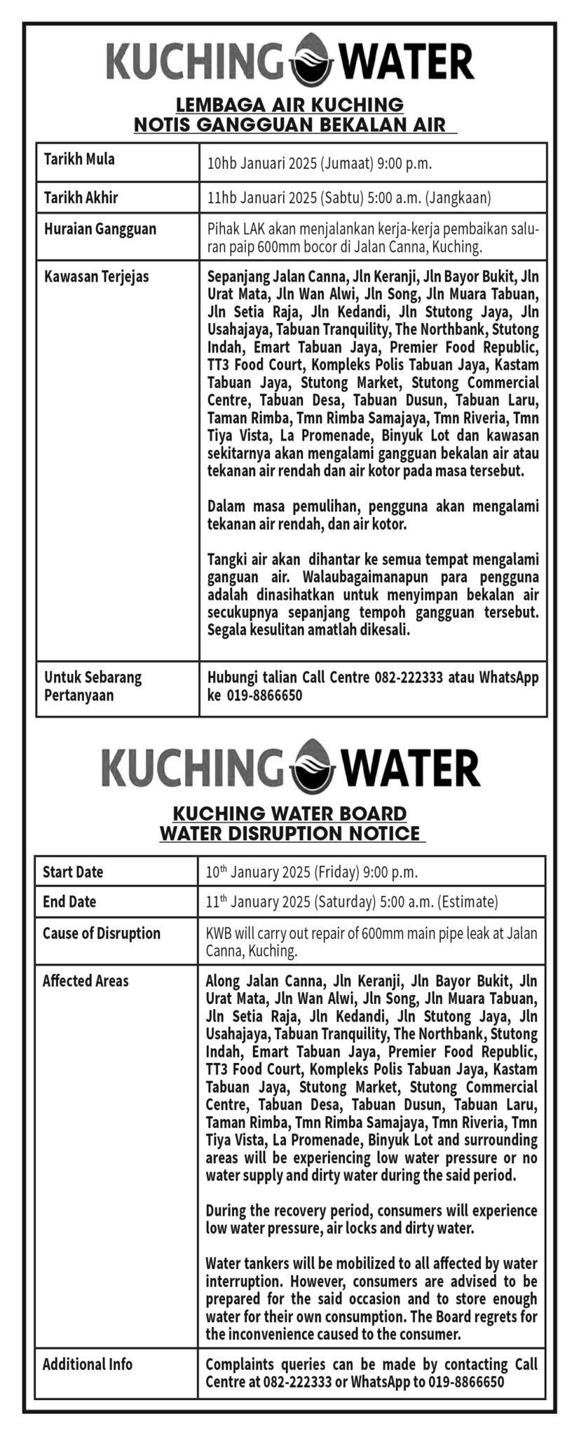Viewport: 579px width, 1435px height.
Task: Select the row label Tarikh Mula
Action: coord(79,159)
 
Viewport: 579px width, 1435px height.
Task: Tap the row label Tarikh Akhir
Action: coord(81,198)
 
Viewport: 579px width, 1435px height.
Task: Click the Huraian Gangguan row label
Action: coord(100,229)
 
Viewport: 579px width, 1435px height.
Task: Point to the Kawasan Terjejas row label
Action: coord(97,276)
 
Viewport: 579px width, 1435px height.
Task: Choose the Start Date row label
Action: coord(73,872)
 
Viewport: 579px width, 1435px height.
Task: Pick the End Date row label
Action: coord(69,902)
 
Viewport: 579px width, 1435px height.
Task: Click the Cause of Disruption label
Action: coord(102,933)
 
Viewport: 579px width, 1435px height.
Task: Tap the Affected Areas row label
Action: coord(86,980)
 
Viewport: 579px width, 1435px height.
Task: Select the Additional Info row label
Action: coord(88,1364)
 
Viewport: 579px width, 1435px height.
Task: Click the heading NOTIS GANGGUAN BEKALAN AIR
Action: coord(290,125)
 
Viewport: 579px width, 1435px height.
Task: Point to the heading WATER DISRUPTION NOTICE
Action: coord(290,833)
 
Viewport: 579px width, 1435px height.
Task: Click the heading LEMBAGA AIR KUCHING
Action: coord(290,105)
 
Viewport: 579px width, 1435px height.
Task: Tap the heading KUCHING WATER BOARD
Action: coord(290,813)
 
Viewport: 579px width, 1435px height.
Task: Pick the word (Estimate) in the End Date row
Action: coord(468,902)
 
